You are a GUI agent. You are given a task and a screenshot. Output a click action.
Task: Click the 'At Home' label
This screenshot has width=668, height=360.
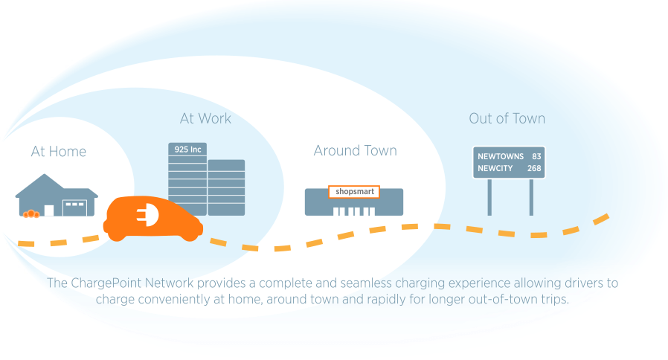59,152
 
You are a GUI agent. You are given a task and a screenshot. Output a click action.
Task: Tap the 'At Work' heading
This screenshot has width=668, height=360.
205,118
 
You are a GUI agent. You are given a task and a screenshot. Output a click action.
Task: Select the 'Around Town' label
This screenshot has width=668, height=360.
355,151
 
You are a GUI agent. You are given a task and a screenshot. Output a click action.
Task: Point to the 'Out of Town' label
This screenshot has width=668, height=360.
507,118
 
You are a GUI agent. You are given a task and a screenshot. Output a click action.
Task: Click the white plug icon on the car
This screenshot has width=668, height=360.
145,215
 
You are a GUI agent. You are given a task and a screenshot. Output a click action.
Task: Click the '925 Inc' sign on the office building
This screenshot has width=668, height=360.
187,150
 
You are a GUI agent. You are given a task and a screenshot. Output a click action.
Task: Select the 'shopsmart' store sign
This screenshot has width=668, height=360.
354,191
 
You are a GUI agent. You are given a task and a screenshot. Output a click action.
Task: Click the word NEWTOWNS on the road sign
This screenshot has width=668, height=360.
499,157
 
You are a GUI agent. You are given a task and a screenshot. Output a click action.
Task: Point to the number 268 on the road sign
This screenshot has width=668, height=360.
533,169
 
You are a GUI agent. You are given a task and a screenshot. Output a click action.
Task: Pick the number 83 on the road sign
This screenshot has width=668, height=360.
536,157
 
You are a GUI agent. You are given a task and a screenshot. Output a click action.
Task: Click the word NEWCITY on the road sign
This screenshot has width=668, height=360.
495,169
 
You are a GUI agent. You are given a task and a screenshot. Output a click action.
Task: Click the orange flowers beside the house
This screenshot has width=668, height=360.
31,214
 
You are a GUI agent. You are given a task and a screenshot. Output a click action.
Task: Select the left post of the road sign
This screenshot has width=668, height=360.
489,197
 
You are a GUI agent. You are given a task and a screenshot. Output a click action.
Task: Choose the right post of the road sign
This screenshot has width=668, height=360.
531,197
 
